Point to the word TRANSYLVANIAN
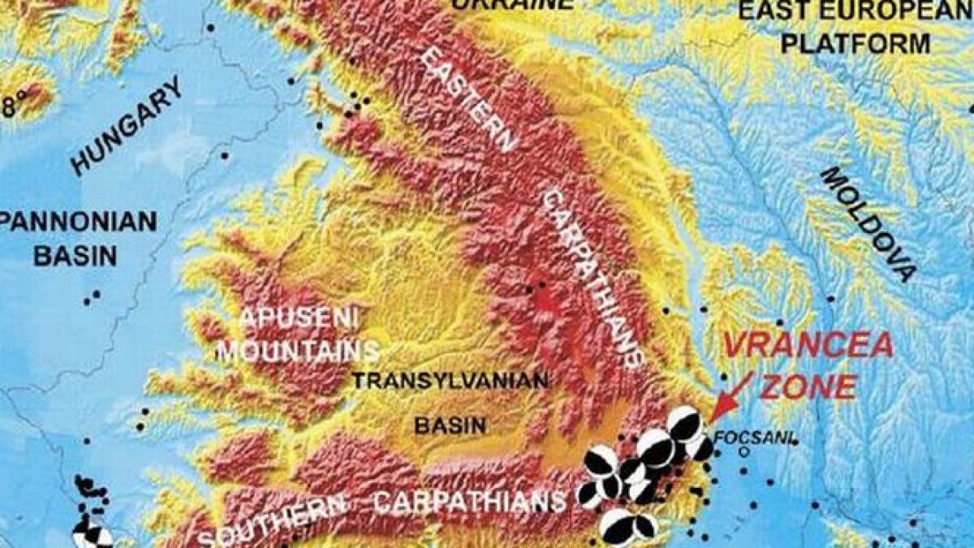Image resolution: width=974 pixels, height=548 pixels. point(451,380)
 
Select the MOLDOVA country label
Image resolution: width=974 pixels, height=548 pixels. point(869,223)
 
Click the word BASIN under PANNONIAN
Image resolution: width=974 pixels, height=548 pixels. point(75,257)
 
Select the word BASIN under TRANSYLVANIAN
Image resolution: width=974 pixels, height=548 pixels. point(450,425)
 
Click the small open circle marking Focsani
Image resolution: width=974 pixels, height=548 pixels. point(743,449)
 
